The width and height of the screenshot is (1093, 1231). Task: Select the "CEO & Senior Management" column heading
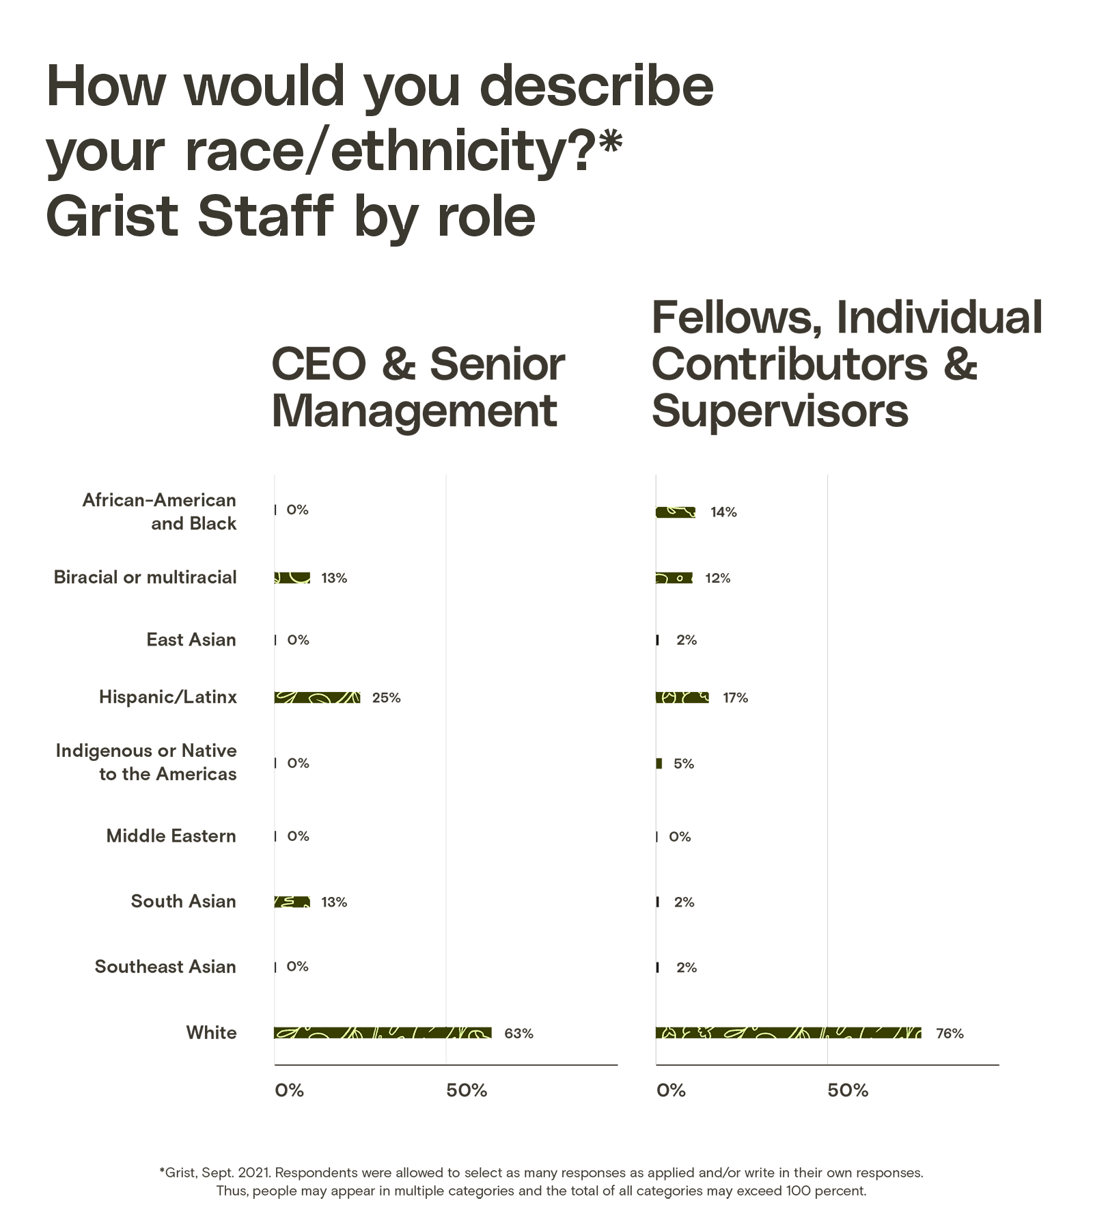pos(417,387)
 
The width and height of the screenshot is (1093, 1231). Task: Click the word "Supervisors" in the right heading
pos(780,411)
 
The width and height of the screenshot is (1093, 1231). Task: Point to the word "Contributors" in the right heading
pos(789,364)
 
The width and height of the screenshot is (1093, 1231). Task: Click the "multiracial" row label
pos(191,578)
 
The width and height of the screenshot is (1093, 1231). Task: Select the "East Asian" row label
pos(191,640)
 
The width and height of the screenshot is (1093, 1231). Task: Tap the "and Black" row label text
pos(194,524)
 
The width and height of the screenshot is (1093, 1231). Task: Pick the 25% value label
pos(386,698)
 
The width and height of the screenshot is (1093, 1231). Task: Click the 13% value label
pos(333,579)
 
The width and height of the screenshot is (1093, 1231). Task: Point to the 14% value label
pos(723,512)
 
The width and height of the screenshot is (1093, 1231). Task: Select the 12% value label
pos(717,579)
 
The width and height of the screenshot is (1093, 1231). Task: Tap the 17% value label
pos(735,698)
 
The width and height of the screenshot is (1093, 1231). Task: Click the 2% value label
pos(687,640)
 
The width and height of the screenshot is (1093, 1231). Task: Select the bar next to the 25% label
pos(318,697)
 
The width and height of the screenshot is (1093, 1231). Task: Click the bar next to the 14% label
pos(676,512)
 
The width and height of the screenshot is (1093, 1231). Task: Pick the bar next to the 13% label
pos(292,578)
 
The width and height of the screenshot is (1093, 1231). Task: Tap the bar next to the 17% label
pos(682,697)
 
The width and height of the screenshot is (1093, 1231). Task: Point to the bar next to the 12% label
pos(674,578)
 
